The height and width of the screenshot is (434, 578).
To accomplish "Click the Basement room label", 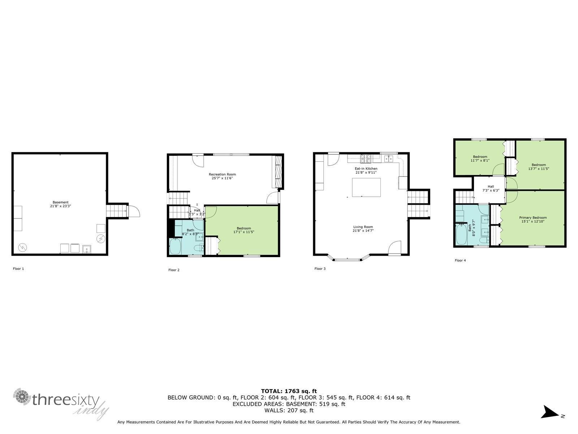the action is [x=60, y=203].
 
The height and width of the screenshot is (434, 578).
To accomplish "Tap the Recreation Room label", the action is [x=222, y=174].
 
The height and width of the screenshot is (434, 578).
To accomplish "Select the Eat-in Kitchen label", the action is [x=366, y=169].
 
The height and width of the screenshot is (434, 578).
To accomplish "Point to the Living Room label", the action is [x=363, y=227].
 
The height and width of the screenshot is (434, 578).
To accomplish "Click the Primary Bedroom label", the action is [x=533, y=218].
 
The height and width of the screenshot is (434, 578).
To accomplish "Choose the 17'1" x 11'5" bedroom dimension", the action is [x=243, y=232].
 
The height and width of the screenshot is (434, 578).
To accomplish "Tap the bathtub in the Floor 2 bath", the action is [x=175, y=246].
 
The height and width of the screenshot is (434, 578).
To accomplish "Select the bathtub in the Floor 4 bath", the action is [x=461, y=234].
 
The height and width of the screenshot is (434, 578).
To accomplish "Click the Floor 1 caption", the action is [x=18, y=269].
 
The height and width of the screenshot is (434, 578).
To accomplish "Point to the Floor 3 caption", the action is [x=320, y=269].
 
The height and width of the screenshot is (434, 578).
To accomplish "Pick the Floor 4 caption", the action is [x=460, y=261].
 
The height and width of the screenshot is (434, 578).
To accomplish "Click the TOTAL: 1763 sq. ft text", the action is [x=289, y=391].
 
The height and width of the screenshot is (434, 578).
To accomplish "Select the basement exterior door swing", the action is [x=134, y=211].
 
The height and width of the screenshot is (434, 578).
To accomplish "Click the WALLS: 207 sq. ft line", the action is [x=289, y=410].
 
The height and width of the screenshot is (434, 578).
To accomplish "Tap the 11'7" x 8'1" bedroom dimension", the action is [x=480, y=161].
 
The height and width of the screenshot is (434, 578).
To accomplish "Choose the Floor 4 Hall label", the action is [x=491, y=187].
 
